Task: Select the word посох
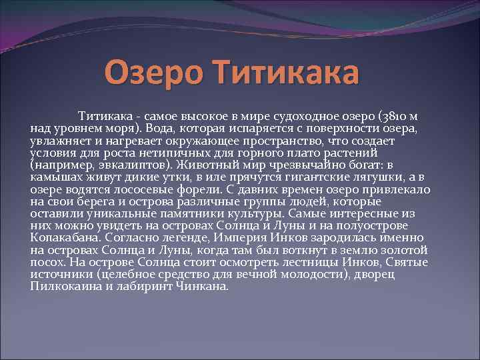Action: tap(45, 262)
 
